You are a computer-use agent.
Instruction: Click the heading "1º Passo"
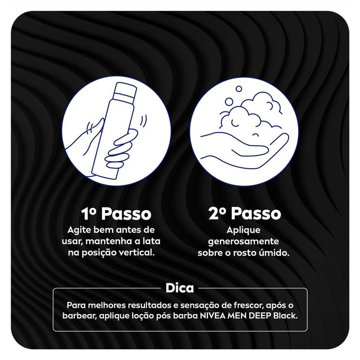[x=116, y=214]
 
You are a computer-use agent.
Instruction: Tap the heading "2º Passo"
[x=245, y=214]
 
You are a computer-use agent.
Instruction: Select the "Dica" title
[x=180, y=288]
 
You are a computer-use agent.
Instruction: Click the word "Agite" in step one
[x=77, y=230]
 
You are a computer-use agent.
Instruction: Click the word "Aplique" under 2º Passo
[x=243, y=230]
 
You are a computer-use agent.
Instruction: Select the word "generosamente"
[x=243, y=242]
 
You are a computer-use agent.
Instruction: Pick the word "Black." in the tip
[x=285, y=316]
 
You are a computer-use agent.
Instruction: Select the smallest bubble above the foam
[x=239, y=89]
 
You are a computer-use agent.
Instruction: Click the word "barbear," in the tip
[x=80, y=316]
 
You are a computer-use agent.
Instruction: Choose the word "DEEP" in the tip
[x=260, y=316]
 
